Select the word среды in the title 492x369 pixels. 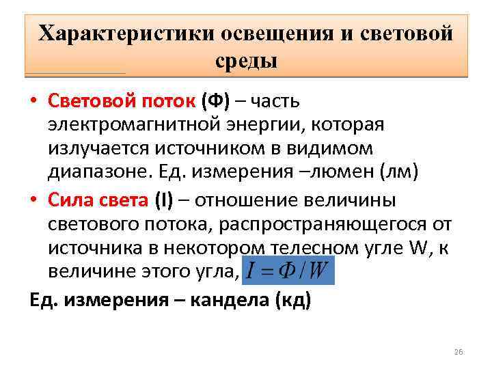pyautogui.click(x=246, y=61)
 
